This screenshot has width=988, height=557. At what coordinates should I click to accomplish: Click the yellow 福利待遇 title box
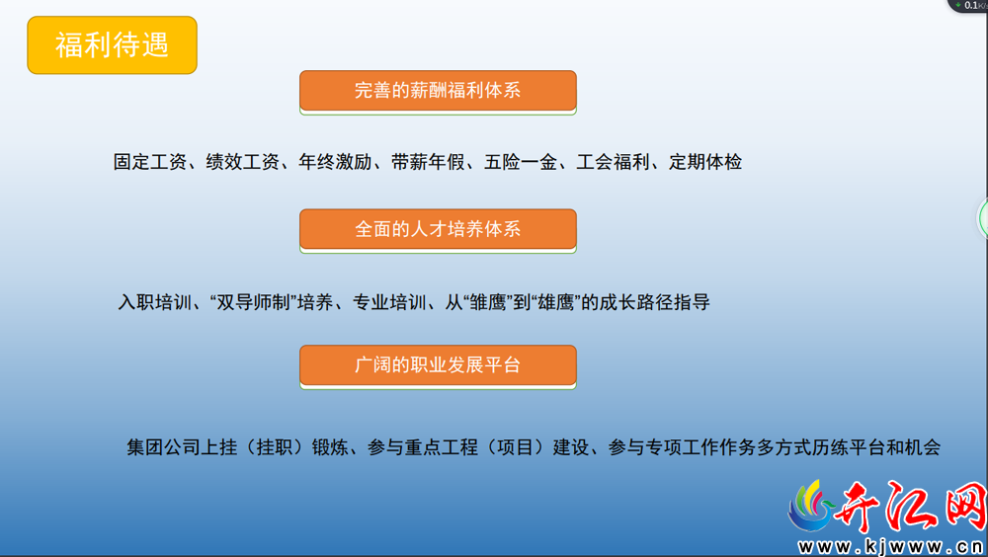tap(113, 45)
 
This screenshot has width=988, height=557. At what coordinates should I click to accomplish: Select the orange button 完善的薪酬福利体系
tap(438, 91)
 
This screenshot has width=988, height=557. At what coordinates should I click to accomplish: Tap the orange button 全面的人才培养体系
tap(438, 229)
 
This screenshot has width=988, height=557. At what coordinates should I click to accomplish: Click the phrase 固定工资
tap(150, 162)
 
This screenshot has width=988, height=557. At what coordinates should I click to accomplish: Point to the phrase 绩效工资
tap(243, 162)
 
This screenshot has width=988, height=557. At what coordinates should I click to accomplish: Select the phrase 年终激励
tap(335, 162)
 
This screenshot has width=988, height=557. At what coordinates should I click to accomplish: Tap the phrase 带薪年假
tap(428, 162)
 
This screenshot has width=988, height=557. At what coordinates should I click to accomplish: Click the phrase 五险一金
tap(521, 162)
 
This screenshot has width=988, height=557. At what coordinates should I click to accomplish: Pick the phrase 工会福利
tap(614, 162)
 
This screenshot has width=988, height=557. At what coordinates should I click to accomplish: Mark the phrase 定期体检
tap(705, 162)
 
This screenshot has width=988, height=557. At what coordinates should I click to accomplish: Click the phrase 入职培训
tap(155, 302)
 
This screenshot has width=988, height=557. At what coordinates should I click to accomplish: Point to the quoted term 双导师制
tap(254, 302)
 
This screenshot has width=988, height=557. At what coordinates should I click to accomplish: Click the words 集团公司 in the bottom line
tap(164, 447)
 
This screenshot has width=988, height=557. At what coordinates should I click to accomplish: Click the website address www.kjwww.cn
tap(891, 546)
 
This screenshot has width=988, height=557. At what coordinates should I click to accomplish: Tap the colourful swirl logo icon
tap(811, 506)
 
